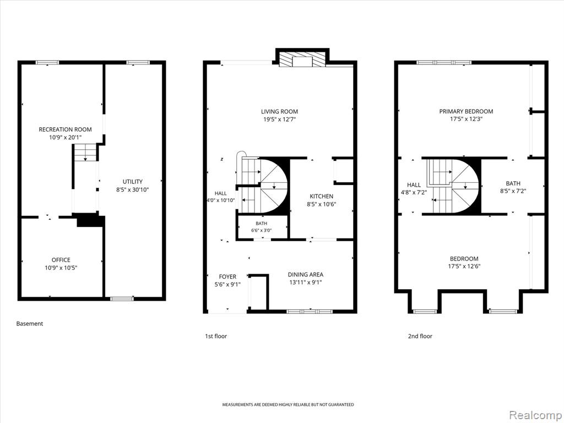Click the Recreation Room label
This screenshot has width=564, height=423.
(65, 129)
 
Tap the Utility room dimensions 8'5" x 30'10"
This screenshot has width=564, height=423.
(132, 189)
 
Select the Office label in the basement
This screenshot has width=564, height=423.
(61, 260)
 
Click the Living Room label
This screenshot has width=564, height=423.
(279, 111)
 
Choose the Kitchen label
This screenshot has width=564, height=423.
(321, 197)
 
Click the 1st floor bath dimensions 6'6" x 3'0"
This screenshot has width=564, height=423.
(262, 230)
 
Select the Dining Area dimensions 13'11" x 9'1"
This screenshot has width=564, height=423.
(305, 283)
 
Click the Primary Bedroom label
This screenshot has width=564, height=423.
(466, 111)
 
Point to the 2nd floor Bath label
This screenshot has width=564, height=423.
(513, 183)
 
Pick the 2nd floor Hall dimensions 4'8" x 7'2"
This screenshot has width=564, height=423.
(414, 192)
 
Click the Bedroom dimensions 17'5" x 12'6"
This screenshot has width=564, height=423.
(464, 267)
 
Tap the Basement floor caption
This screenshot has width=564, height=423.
(30, 324)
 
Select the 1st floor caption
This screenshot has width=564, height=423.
(216, 337)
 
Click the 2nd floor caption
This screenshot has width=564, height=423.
(420, 337)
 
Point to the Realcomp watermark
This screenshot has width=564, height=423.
(534, 415)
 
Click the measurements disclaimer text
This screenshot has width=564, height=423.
(288, 405)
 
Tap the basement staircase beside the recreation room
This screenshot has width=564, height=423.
(85, 153)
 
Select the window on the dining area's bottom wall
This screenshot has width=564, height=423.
(310, 311)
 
